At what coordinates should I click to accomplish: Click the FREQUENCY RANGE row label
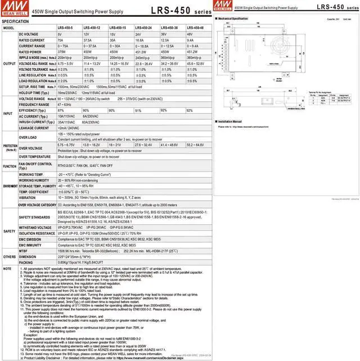[34, 105]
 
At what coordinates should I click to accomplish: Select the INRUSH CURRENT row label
[35, 122]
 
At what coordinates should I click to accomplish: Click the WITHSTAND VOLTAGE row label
[36, 227]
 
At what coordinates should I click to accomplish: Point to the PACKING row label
[26, 262]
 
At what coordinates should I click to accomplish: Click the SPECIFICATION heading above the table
[16, 21]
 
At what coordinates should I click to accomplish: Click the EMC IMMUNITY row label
[33, 245]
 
